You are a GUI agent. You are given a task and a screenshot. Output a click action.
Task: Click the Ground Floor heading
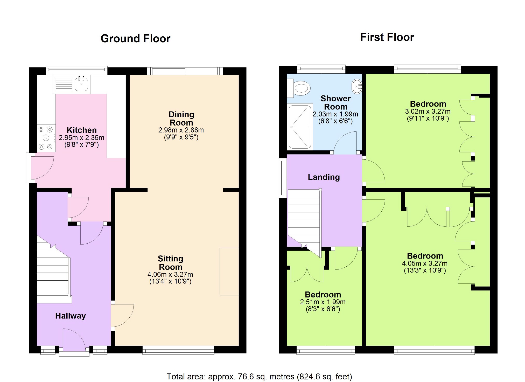pos(135,39)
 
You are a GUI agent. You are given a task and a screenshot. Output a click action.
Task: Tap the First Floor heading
pos(387,37)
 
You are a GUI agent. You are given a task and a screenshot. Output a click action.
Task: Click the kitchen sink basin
pos(81,84)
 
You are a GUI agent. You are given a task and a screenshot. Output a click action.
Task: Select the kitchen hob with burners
pos(46,138)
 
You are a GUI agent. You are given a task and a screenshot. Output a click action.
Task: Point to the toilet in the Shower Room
pos(301,88)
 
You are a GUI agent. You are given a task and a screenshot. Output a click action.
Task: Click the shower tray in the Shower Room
pos(300,127)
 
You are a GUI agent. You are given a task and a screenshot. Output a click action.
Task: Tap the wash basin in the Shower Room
pos(357,86)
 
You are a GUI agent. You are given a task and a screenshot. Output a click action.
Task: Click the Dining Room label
pos(181,119)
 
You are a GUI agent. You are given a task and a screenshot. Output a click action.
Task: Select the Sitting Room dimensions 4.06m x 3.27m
pos(170,274)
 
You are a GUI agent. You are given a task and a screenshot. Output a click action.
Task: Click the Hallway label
pos(70,316)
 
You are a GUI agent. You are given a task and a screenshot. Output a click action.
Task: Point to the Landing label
pos(324,177)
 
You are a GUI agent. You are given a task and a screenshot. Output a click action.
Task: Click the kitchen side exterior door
pos(41,167)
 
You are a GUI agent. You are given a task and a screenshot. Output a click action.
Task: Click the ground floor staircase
pos(53,275)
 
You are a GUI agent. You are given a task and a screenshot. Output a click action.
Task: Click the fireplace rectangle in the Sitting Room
pos(229,271)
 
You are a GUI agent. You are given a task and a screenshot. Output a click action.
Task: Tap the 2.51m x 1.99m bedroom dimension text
pos(323,302)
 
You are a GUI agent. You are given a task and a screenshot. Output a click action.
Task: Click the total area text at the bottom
pos(259,377)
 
